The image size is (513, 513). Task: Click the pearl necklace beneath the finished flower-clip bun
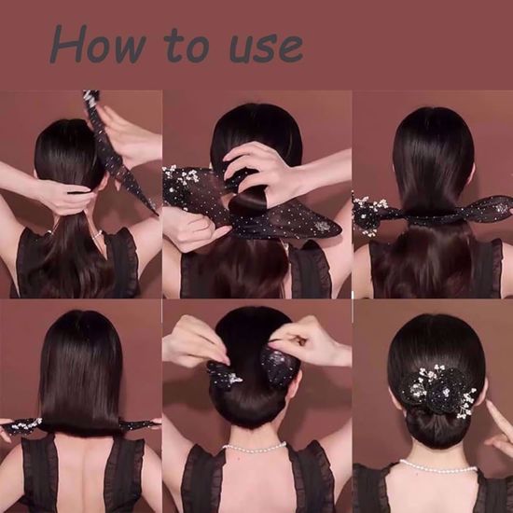tap(437, 466)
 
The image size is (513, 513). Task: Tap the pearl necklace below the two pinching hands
tap(254, 449)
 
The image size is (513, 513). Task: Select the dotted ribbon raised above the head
tap(117, 149)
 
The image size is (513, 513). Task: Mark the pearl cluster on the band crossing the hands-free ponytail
tap(368, 214)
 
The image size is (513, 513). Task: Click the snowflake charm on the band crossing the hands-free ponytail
tap(500, 207)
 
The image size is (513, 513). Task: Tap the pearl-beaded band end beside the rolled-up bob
tap(24, 426)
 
